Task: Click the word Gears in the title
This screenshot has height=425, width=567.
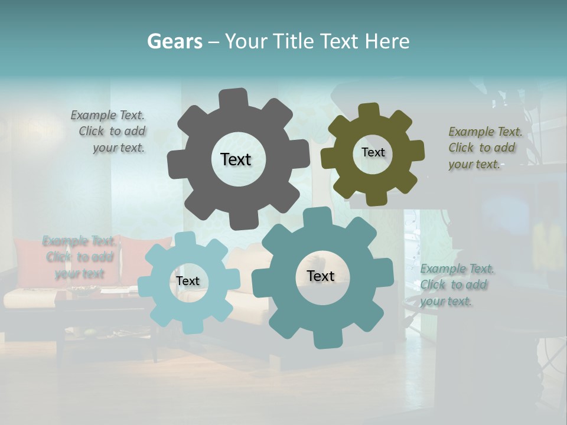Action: pyautogui.click(x=174, y=41)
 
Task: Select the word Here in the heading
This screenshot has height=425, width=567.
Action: pyautogui.click(x=387, y=41)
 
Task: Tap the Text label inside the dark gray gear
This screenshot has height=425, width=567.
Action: pyautogui.click(x=236, y=159)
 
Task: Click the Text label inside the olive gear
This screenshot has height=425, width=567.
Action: pyautogui.click(x=373, y=152)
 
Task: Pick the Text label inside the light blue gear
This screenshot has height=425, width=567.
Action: pyautogui.click(x=188, y=281)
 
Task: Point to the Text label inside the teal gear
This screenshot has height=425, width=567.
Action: pyautogui.click(x=321, y=276)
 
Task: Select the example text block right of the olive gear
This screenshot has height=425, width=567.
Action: pyautogui.click(x=485, y=148)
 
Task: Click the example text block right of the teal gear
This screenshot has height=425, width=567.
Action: pyautogui.click(x=457, y=285)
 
